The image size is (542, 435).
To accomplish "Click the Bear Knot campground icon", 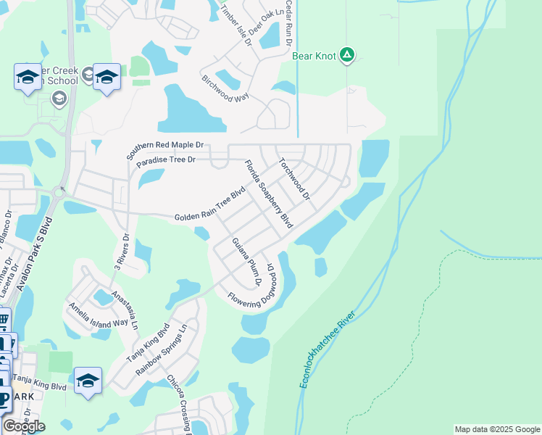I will tap(348, 54).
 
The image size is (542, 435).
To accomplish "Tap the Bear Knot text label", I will tap(314, 55).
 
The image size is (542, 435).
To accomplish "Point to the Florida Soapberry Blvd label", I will tap(267, 194).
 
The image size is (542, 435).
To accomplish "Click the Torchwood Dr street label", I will tap(293, 180).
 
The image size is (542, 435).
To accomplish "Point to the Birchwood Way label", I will tap(225, 88).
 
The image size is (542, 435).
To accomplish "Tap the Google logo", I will tap(24, 426).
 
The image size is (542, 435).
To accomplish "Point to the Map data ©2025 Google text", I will tap(496, 429).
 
